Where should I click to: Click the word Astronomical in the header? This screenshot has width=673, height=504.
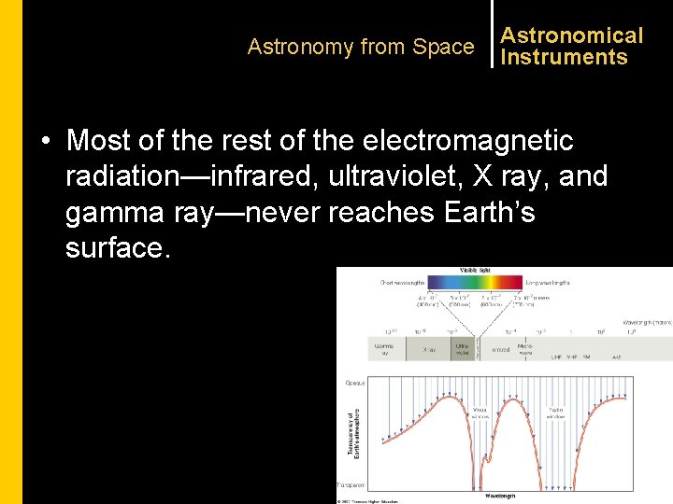pos(571,35)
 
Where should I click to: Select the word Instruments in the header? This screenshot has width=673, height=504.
pos(564,57)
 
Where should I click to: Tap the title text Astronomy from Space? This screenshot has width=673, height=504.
pos(361,47)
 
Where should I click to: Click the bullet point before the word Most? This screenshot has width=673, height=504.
pos(45,142)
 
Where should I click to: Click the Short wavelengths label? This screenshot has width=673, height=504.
pos(402,282)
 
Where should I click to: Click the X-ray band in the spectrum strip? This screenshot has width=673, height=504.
pos(428,349)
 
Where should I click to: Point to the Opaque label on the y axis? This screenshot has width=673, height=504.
pos(355,383)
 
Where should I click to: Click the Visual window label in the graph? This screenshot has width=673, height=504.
pos(480,412)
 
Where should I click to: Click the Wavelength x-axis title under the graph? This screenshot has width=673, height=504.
pos(500,496)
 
